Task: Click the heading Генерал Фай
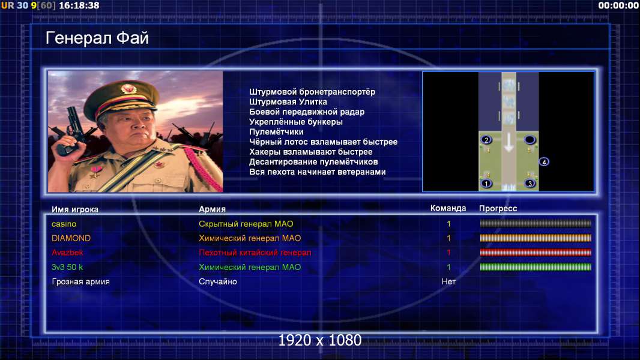[x=97, y=38]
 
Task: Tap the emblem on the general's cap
[x=128, y=88]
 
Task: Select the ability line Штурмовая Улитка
[x=288, y=102]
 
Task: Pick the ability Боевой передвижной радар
[x=307, y=112]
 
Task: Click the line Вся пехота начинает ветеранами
[x=318, y=172]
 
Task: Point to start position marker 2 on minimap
[x=486, y=140]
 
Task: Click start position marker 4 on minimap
[x=544, y=162]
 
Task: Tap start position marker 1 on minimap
[x=486, y=184]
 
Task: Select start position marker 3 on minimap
[x=530, y=184]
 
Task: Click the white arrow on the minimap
[x=509, y=142]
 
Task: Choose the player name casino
[x=64, y=224]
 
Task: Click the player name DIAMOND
[x=71, y=238]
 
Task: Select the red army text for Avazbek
[x=255, y=253]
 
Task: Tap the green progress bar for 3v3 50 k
[x=536, y=267]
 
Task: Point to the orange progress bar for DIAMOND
[x=536, y=238]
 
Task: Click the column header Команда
[x=448, y=208]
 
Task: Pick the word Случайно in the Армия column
[x=217, y=281]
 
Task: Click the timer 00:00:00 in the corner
[x=618, y=5]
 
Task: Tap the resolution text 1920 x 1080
[x=320, y=340]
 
